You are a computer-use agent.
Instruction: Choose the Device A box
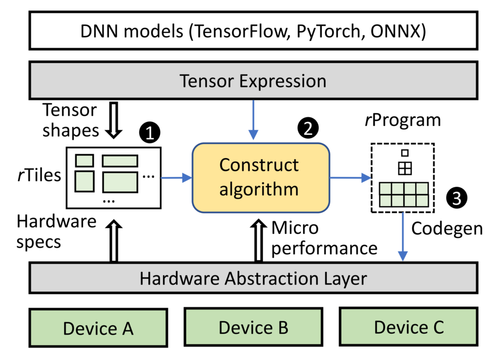98,328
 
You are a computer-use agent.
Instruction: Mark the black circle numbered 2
307,128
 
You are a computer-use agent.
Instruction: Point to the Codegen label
447,228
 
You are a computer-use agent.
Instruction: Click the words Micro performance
324,238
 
